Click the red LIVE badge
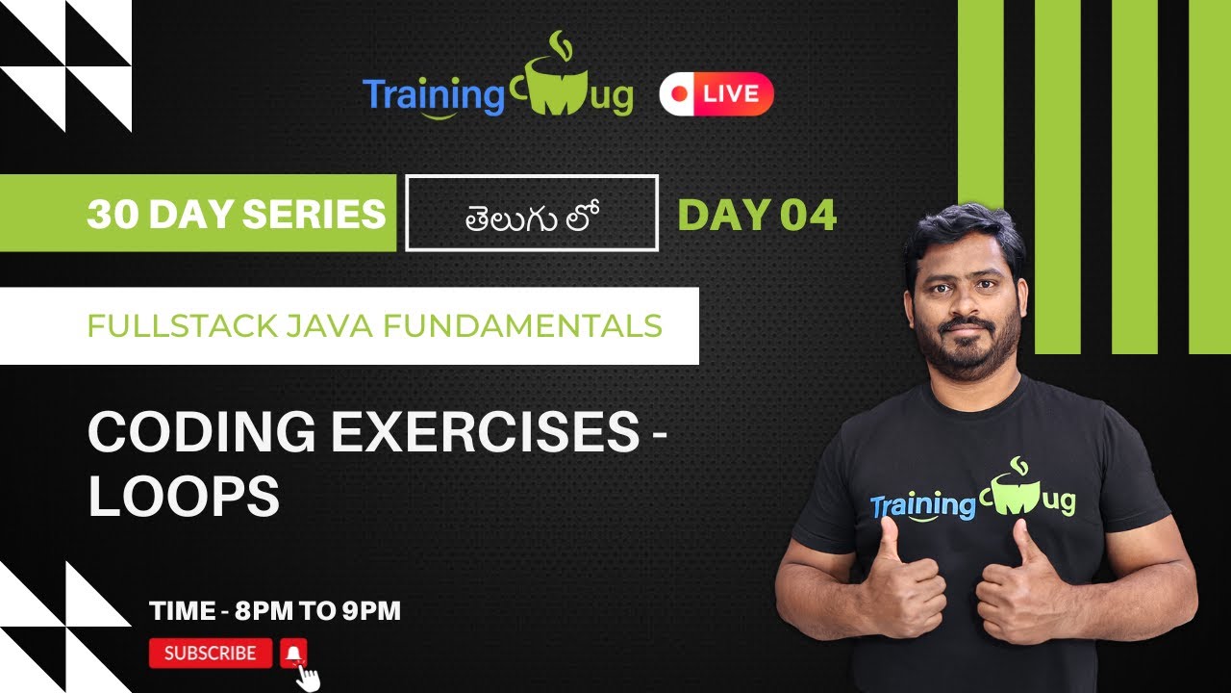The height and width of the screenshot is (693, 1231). click(x=716, y=94)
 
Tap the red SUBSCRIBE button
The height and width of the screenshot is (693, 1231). click(x=211, y=654)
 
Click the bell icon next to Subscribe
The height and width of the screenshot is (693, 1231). click(x=294, y=654)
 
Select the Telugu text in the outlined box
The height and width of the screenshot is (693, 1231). click(x=532, y=214)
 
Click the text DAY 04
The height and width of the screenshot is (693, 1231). click(x=757, y=215)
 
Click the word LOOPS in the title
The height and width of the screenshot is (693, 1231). click(x=184, y=497)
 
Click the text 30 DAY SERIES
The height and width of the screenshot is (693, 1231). click(x=236, y=214)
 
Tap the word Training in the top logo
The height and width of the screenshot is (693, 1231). click(x=433, y=95)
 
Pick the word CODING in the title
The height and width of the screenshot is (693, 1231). click(x=201, y=434)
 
